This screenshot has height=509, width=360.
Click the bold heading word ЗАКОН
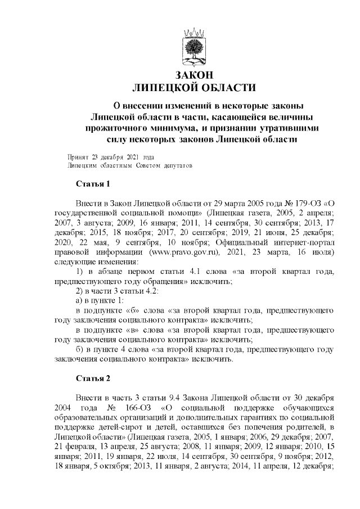(193, 75)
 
